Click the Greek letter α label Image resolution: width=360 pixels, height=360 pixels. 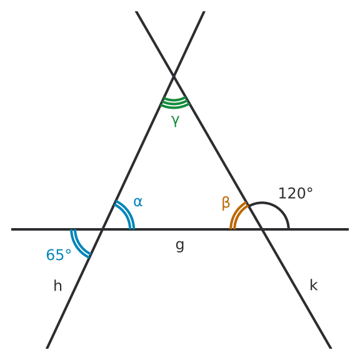click(x=138, y=202)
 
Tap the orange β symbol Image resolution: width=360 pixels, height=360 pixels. click(x=226, y=203)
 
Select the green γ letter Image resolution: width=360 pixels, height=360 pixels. click(x=175, y=121)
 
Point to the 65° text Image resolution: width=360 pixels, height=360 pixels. click(x=59, y=255)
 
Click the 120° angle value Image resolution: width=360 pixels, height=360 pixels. click(x=296, y=193)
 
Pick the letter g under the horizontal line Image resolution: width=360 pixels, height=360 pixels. click(x=180, y=246)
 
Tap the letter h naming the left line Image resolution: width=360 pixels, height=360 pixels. click(x=57, y=286)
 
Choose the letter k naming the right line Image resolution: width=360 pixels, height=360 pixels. click(x=314, y=285)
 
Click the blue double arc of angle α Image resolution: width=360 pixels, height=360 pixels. click(x=127, y=212)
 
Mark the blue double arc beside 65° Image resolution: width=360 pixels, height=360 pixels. click(x=77, y=246)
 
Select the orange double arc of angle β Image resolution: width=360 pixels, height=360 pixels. click(x=236, y=212)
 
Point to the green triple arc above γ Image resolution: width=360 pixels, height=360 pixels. click(x=175, y=103)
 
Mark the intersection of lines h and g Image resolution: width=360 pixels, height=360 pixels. click(x=102, y=229)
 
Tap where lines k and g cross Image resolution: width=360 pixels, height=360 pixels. click(x=262, y=229)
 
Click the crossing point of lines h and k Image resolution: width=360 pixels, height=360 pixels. click(x=174, y=76)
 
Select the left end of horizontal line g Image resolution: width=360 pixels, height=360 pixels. click(x=11, y=229)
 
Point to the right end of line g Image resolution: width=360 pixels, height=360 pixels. click(x=349, y=229)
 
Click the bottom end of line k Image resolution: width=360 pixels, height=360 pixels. click(x=331, y=348)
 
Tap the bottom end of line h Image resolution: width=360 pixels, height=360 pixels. click(x=47, y=348)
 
